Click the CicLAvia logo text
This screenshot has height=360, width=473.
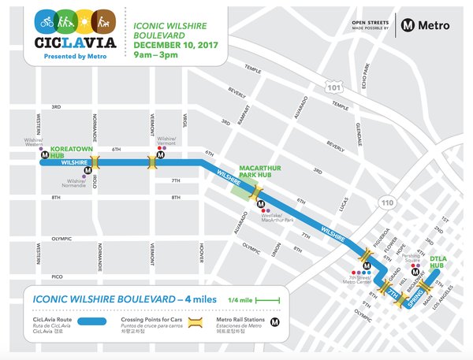click(x=77, y=40)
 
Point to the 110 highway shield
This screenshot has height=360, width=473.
click(x=388, y=202)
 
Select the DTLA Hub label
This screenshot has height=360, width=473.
click(x=438, y=262)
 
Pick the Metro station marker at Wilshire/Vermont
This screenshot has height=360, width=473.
click(x=160, y=156)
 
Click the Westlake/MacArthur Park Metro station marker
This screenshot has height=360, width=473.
click(x=260, y=204)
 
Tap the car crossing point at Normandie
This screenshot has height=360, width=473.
click(x=95, y=163)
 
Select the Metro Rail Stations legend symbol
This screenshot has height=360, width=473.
click(x=274, y=322)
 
